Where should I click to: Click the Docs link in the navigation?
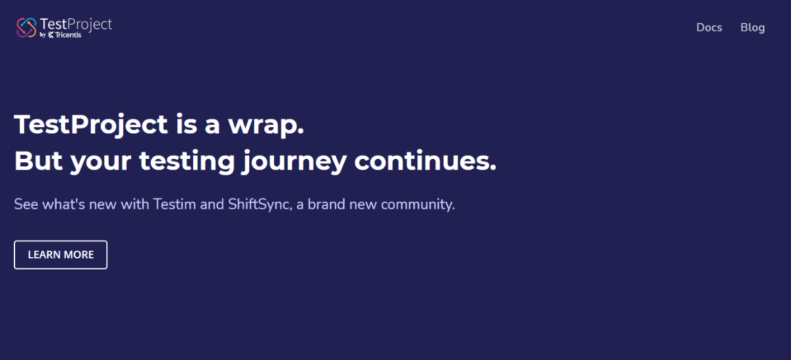tap(709, 28)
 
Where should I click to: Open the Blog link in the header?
tap(753, 28)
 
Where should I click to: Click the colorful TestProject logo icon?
tap(26, 28)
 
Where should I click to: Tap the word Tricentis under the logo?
tap(68, 35)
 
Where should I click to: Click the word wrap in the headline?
tap(266, 125)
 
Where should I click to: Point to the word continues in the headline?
tap(425, 161)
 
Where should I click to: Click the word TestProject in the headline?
tap(91, 125)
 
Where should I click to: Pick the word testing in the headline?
tap(187, 161)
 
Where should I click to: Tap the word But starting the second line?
tap(38, 161)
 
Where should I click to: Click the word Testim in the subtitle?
tap(175, 204)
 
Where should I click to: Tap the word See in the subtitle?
tap(26, 204)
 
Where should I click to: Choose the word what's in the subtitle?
tap(63, 204)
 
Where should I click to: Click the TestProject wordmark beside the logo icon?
tap(76, 24)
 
